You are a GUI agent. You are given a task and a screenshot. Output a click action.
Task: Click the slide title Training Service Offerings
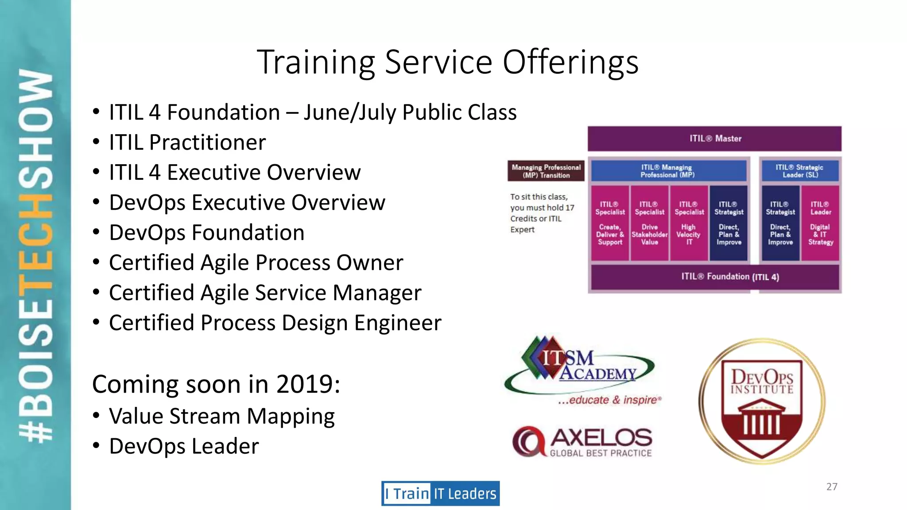[447, 62]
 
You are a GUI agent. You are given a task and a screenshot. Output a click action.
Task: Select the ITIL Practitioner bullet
[187, 143]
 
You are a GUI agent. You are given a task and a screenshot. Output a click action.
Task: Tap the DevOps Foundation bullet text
[206, 233]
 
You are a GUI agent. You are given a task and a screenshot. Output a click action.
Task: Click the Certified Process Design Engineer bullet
[275, 323]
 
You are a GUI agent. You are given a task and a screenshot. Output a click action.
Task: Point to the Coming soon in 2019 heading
[216, 384]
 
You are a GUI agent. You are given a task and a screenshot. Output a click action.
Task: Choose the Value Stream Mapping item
[221, 417]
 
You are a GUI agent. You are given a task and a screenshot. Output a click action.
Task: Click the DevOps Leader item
[183, 446]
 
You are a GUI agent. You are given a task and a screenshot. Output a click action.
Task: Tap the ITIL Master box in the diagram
[714, 139]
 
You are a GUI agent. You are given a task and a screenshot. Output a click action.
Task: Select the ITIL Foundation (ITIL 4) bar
[714, 277]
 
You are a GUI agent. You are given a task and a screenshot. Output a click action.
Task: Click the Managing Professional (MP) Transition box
[546, 171]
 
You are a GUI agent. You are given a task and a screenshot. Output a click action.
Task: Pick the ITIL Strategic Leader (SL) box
[799, 171]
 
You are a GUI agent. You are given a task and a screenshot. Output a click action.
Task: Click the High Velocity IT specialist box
[689, 223]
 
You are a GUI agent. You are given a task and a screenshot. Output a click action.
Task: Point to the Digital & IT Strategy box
[820, 223]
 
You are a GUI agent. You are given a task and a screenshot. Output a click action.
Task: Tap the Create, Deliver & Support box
[610, 223]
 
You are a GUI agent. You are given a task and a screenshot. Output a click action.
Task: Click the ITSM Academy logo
[580, 370]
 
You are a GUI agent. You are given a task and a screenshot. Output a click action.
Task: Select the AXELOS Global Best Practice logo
[582, 442]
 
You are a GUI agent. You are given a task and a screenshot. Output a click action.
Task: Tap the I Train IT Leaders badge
[440, 493]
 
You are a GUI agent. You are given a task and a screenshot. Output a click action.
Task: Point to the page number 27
[832, 487]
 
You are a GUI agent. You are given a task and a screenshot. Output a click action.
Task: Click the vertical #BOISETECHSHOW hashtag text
[35, 255]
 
